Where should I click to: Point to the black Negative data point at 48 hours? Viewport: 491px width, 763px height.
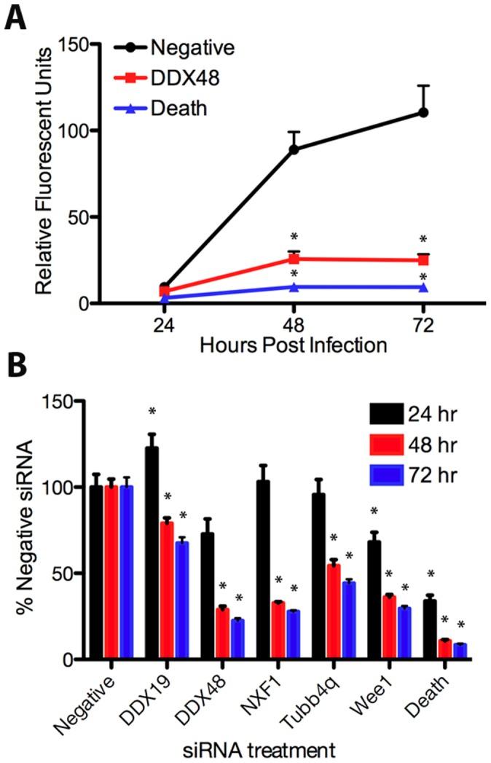[x=294, y=149]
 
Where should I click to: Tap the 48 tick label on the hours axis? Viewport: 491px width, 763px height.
[x=294, y=323]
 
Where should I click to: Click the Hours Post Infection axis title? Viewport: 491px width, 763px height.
[x=294, y=345]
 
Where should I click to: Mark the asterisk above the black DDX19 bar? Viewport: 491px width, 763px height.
[x=152, y=412]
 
